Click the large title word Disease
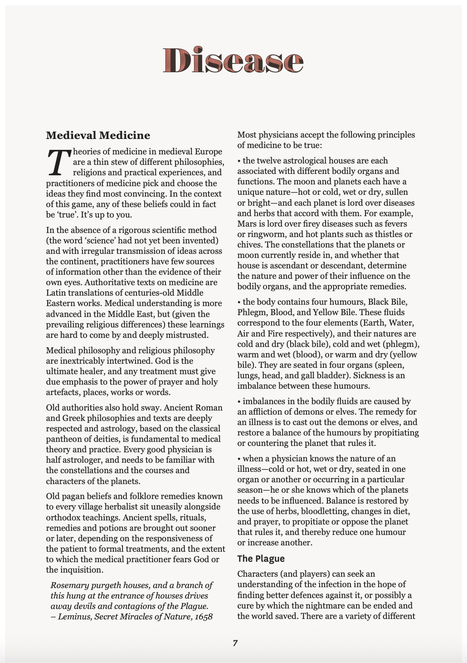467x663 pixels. (x=233, y=60)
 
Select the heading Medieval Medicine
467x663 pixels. (x=98, y=135)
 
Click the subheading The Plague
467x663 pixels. (x=261, y=559)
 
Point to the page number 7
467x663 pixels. (x=235, y=643)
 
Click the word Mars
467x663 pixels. (x=247, y=224)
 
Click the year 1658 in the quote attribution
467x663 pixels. (x=203, y=617)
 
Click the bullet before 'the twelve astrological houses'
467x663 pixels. (x=239, y=161)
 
